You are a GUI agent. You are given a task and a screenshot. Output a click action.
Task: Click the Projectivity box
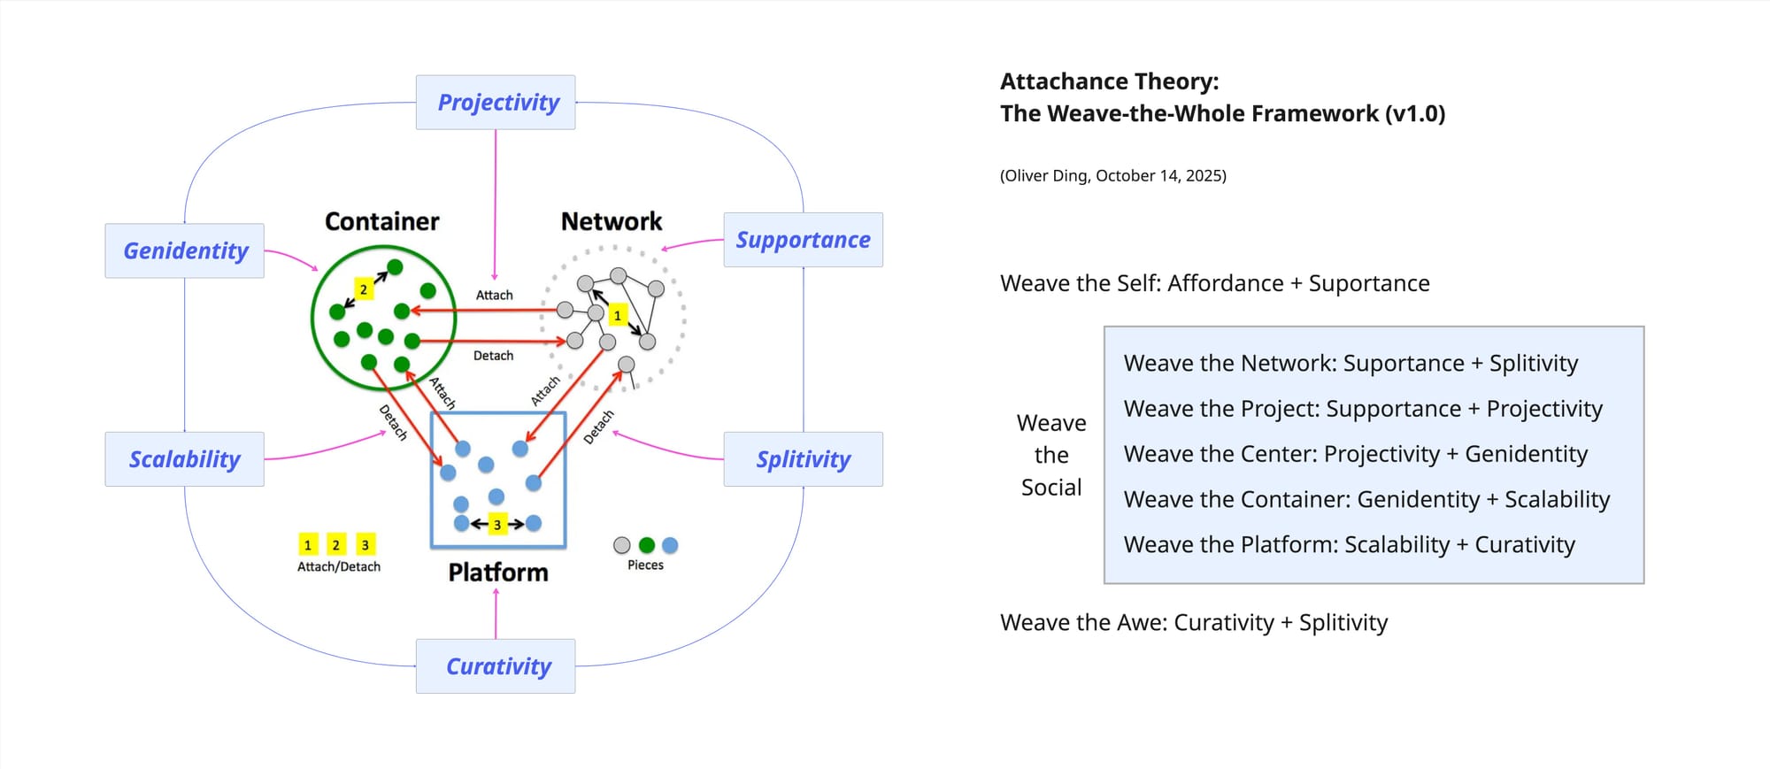(496, 103)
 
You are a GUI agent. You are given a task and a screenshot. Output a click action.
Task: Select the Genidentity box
(185, 251)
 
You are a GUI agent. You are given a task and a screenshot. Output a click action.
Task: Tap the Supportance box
(803, 240)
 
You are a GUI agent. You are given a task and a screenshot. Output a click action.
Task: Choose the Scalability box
(185, 459)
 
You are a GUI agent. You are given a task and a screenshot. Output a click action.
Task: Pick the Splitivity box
(803, 459)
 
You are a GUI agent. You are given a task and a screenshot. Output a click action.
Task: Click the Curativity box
(496, 666)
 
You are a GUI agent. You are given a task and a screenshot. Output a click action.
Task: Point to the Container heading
(381, 221)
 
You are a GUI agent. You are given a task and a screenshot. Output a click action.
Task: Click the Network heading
(611, 221)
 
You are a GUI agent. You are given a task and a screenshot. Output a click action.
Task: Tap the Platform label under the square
(498, 573)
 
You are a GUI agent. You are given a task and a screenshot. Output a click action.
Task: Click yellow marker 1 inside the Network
(618, 315)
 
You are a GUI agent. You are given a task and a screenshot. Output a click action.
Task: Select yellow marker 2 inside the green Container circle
(363, 289)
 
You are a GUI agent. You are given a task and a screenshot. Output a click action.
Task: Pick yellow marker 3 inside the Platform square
(497, 525)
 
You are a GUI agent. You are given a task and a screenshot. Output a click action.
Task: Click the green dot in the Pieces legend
(647, 545)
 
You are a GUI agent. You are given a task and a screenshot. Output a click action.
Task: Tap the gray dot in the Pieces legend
(622, 545)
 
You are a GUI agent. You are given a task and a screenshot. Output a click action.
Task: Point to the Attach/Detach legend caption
(339, 566)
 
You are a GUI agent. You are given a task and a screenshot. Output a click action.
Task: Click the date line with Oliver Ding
(1112, 175)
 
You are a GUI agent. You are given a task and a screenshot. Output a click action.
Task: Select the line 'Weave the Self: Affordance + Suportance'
(1214, 283)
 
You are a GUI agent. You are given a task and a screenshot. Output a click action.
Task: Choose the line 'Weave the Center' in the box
(1355, 454)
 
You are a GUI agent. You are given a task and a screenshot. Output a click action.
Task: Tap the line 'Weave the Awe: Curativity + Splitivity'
(1193, 623)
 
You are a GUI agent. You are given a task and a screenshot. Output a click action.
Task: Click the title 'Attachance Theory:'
(1109, 81)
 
